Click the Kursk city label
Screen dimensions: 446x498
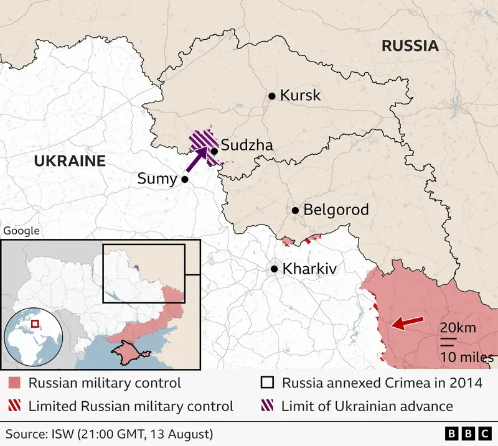pyautogui.click(x=300, y=95)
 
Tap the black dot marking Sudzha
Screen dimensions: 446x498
pyautogui.click(x=214, y=151)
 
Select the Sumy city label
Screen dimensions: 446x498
pyautogui.click(x=157, y=179)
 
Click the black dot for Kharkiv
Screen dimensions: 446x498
pyautogui.click(x=274, y=269)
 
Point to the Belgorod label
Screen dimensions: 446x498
pyautogui.click(x=336, y=210)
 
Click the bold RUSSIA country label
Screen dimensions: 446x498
pyautogui.click(x=410, y=45)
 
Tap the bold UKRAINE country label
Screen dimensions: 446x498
pyautogui.click(x=69, y=161)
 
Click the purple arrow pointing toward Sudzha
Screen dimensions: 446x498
pyautogui.click(x=199, y=159)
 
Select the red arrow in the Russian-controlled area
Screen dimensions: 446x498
pyautogui.click(x=405, y=323)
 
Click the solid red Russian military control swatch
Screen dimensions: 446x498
pyautogui.click(x=14, y=383)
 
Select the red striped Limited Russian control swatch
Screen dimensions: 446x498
pyautogui.click(x=14, y=407)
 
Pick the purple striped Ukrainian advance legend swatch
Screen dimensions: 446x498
pyautogui.click(x=267, y=407)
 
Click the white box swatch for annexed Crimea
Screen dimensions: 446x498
pyautogui.click(x=267, y=383)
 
